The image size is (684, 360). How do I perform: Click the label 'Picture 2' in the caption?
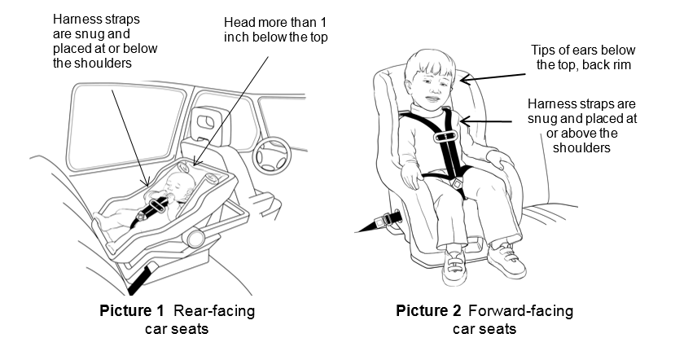click(x=427, y=310)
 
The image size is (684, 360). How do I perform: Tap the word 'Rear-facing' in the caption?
click(x=209, y=310)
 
